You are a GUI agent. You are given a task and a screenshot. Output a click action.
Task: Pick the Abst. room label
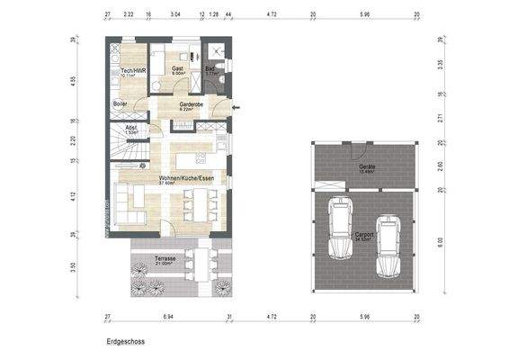[131, 127]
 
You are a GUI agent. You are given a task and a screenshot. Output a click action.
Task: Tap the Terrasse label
[165, 258]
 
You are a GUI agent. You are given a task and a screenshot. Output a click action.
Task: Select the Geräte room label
[367, 167]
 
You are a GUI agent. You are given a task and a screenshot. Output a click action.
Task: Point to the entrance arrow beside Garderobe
[236, 107]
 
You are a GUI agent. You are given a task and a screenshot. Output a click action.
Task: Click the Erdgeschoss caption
[125, 342]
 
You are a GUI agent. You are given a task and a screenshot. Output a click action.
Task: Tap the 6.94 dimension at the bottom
[168, 317]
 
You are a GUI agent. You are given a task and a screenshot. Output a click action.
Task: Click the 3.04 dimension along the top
[174, 15]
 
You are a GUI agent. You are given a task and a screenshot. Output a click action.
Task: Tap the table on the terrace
[198, 267]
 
